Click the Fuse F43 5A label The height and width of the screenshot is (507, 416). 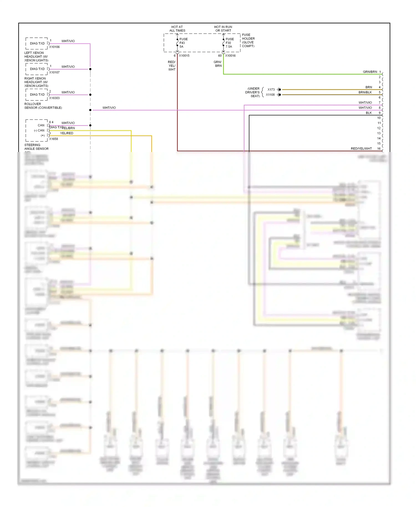pos(183,43)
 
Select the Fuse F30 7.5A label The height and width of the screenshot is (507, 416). pos(229,43)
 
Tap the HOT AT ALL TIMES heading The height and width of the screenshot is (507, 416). pos(177,29)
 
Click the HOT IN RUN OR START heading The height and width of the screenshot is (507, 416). pos(223,29)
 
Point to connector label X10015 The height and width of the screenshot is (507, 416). pos(184,56)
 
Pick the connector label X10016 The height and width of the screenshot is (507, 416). pos(230,56)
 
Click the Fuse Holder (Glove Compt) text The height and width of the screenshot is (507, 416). pos(248,40)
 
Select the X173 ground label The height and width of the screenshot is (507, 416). pos(271,90)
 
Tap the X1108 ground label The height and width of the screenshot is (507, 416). pos(270,95)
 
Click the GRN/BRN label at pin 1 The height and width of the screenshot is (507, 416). pos(370,72)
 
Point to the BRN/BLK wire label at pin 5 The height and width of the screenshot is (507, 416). pos(365,92)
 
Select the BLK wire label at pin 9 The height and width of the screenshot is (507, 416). pos(369,113)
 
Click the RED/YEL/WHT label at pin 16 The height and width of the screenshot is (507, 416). pos(361,149)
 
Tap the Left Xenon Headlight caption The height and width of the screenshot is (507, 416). pos(36,57)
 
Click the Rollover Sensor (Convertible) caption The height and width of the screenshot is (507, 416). pos(43,106)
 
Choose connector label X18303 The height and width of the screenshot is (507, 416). pos(54,98)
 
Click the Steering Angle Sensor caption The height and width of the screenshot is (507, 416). pos(36,147)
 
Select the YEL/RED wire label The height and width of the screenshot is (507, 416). pos(67,133)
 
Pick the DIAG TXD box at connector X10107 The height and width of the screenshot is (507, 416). pos(37,69)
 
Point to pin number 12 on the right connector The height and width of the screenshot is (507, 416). pos(379,128)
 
